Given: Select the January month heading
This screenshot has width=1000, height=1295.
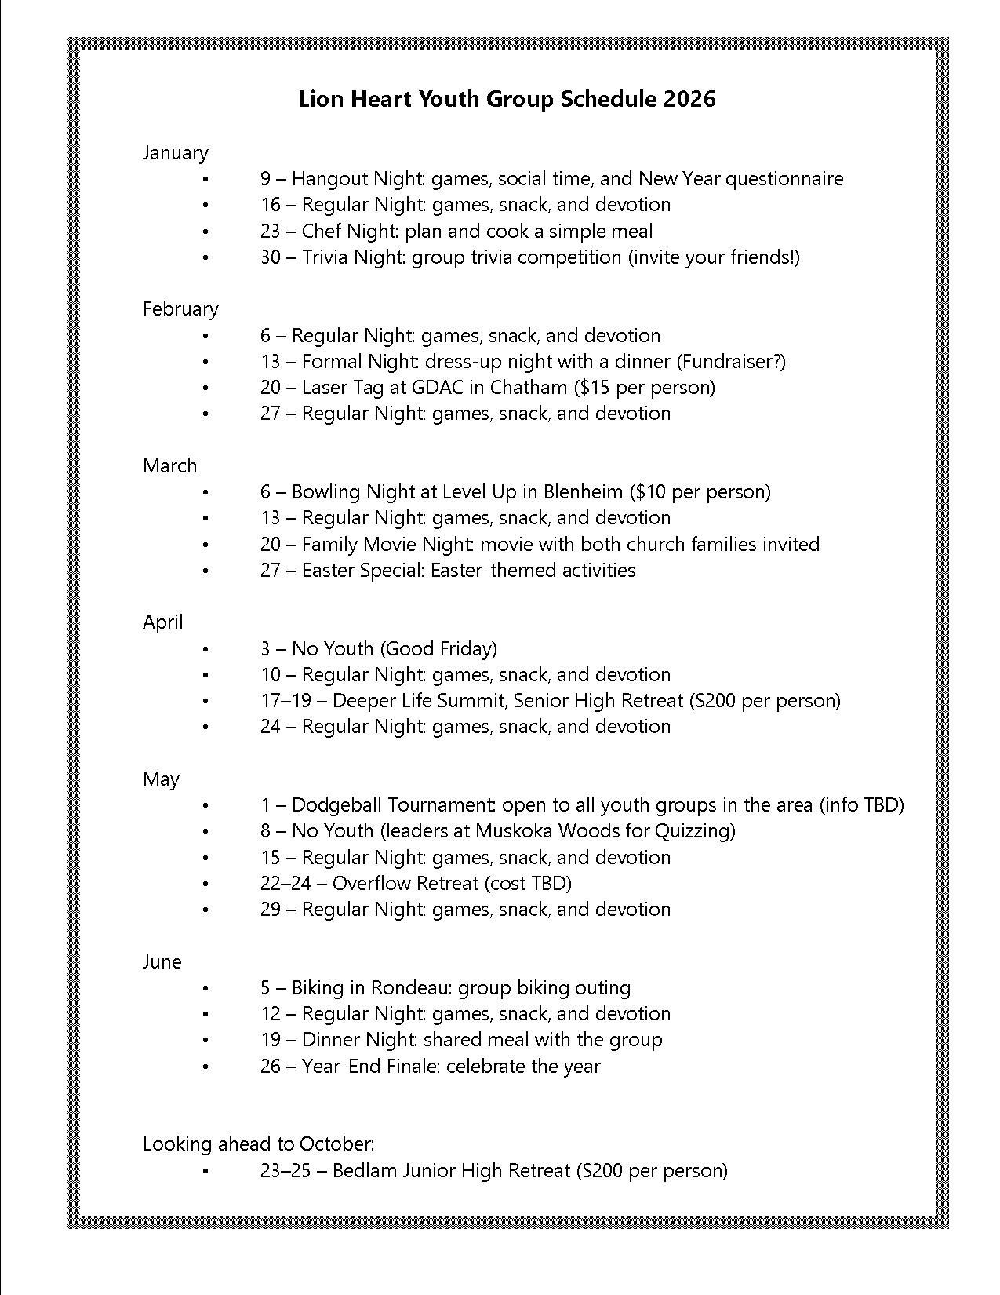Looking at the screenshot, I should coord(175,152).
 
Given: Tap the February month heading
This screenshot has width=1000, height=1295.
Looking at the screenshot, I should coord(180,309).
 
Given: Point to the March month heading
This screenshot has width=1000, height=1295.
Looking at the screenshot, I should coord(169,465).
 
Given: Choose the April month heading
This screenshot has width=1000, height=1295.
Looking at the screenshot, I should coord(162,622).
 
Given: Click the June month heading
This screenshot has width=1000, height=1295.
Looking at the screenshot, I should coord(162,961).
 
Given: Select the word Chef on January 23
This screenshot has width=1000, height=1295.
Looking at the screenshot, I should coord(320,231).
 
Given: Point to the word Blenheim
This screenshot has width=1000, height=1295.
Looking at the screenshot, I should coord(583,491).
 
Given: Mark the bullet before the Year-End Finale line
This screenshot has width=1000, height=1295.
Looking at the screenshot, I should coord(206,1067).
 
